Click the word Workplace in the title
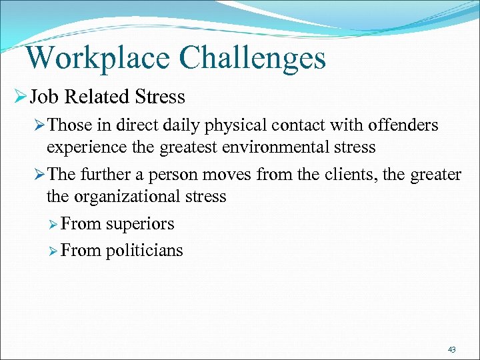[99, 57]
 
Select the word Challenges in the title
[253, 57]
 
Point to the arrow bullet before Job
[19, 97]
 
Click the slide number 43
[452, 349]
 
